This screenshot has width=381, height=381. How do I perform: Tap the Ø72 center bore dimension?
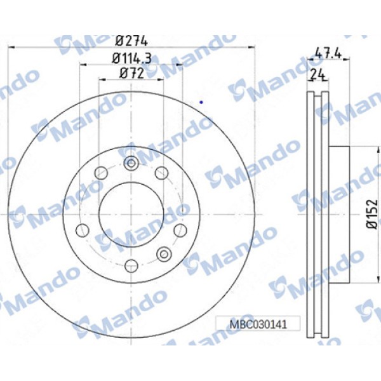[x=131, y=73]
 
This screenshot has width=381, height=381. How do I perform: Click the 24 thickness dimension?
[x=317, y=74]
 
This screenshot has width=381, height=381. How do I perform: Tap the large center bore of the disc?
[x=131, y=214]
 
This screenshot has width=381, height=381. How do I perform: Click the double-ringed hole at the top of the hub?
[x=131, y=163]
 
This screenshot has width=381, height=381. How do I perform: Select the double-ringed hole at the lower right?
[x=163, y=255]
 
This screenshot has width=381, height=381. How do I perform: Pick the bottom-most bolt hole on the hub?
[x=131, y=265]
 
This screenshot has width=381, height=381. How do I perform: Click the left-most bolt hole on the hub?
[x=81, y=229]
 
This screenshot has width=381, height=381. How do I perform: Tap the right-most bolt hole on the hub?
[x=180, y=229]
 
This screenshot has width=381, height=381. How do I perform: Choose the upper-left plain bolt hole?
[x=100, y=172]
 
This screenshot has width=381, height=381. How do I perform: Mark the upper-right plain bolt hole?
[x=161, y=172]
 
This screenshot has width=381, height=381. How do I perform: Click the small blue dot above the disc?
[x=201, y=101]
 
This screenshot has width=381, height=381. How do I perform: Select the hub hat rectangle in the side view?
[x=340, y=214]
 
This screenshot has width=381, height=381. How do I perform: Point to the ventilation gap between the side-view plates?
[x=318, y=214]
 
